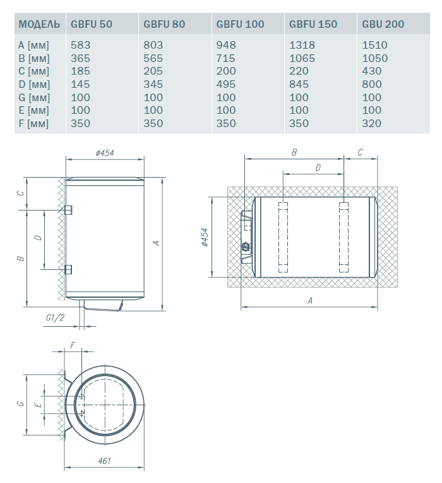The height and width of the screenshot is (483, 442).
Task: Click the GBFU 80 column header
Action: coord(164,24)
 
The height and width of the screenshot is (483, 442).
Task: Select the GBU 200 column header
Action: coord(383,24)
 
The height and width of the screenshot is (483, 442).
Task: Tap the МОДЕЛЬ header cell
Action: coord(39,24)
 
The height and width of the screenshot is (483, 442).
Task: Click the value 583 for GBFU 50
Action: coord(81,45)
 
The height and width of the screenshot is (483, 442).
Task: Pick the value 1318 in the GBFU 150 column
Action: coord(302,45)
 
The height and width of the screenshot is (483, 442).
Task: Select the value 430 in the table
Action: coord(371,71)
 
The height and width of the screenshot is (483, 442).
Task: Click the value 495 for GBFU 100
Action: coord(226,85)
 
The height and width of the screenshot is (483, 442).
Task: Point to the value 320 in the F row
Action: coord(371,123)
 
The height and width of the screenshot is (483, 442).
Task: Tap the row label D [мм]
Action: coord(34,85)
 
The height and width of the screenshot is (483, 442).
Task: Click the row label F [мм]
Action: coord(33,123)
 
